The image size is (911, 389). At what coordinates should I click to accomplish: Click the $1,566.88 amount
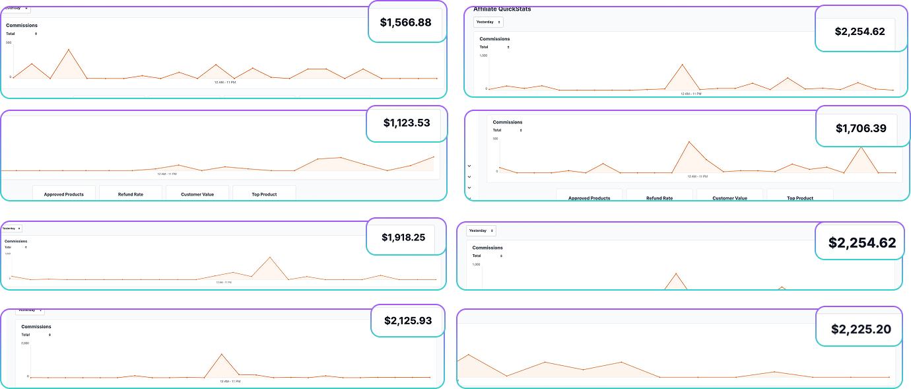[x=405, y=22]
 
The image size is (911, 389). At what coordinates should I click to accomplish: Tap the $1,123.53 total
[x=406, y=123]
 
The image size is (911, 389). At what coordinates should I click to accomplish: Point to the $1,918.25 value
[x=403, y=236]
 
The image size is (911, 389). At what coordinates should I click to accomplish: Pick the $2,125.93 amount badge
[x=408, y=321]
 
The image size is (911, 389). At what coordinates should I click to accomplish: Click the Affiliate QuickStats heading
[x=502, y=9]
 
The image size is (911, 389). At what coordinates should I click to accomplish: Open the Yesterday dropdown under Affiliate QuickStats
[x=489, y=22]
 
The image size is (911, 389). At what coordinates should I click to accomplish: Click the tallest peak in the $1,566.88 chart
[x=69, y=50]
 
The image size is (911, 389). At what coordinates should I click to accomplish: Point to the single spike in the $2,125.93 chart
[x=221, y=354]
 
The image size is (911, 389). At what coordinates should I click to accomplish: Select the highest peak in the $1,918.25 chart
[x=269, y=257]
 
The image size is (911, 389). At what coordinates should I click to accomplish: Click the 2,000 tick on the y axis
[x=25, y=343]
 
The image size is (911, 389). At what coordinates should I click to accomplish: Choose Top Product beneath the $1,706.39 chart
[x=799, y=198]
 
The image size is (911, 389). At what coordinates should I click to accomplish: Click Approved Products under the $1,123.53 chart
[x=63, y=194]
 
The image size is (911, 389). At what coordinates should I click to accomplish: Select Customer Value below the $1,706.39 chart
[x=729, y=198]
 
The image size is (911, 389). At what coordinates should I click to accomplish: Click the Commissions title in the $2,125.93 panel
[x=36, y=326]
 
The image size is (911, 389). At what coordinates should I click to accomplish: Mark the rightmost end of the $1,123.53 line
[x=434, y=157]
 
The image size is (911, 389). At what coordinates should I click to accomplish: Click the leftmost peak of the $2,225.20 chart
[x=468, y=355]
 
